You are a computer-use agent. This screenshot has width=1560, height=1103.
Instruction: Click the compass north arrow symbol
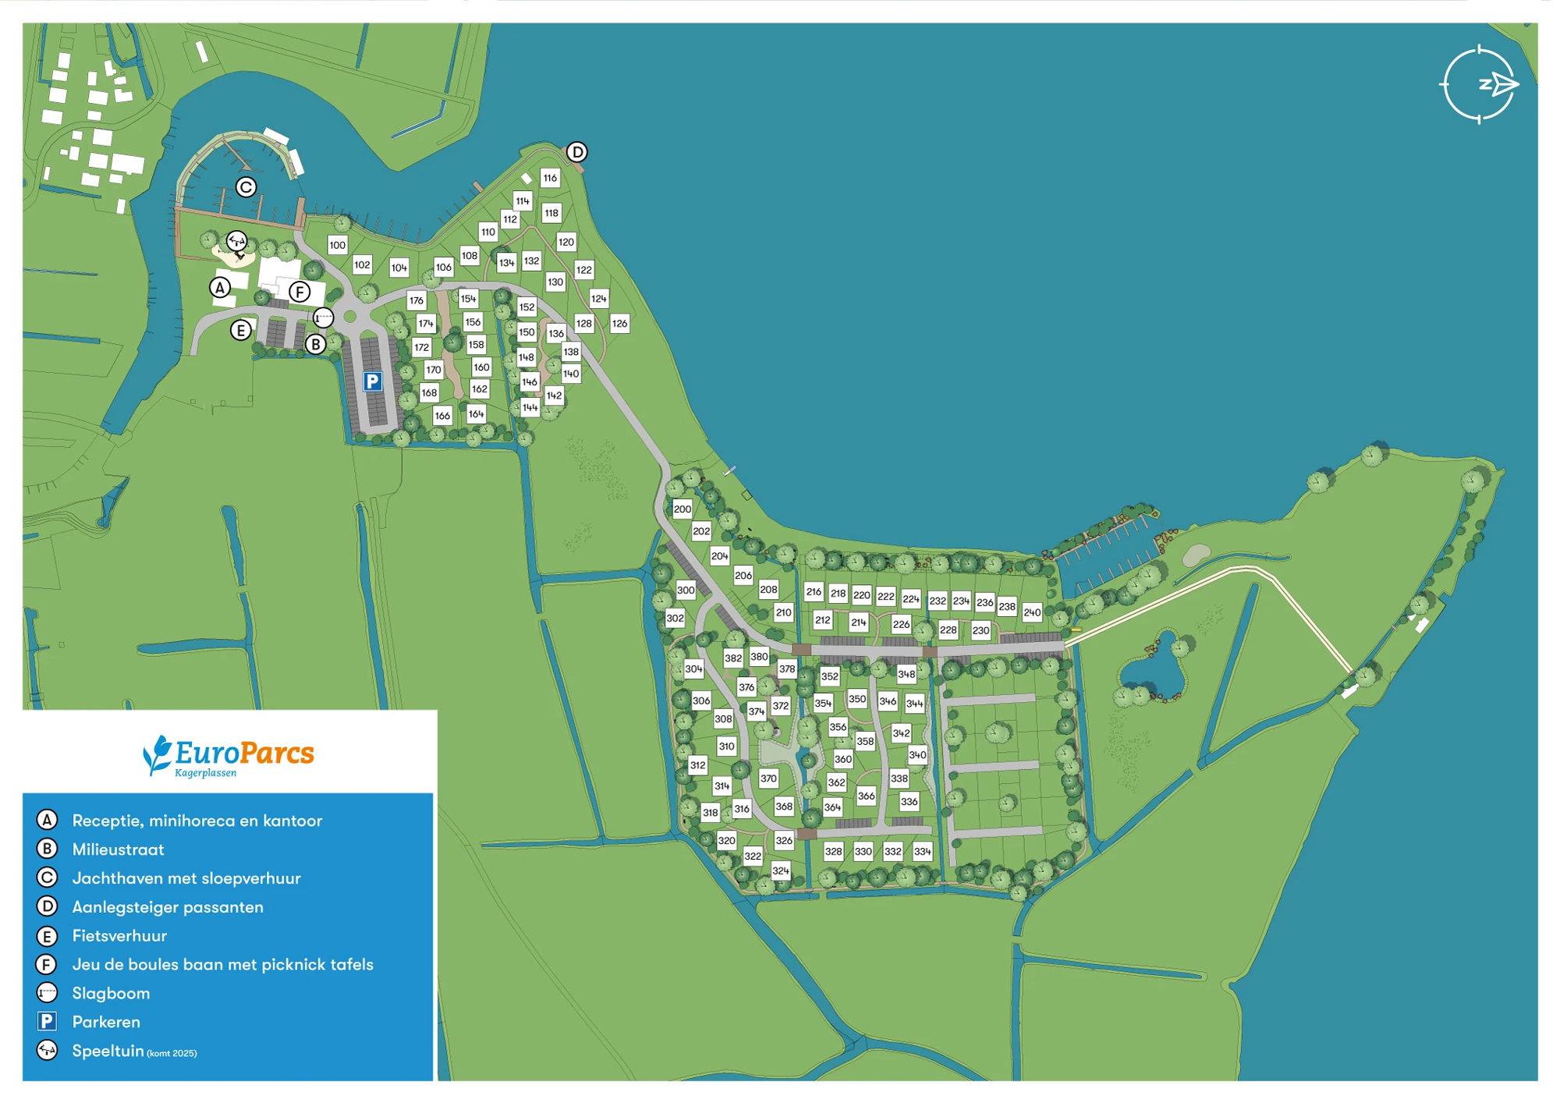[x=1498, y=84]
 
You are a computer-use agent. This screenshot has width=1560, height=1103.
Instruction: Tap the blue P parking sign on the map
[x=373, y=381]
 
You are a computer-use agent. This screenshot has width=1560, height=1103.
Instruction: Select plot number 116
[x=550, y=178]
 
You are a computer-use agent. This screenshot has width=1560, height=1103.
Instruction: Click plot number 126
[x=619, y=323]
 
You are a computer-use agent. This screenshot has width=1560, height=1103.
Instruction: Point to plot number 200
[x=682, y=509]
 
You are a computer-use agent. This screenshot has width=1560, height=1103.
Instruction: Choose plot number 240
[x=1032, y=612]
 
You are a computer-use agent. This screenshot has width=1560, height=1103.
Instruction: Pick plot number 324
[x=781, y=871]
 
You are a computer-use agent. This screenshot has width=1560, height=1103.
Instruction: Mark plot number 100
[x=337, y=245]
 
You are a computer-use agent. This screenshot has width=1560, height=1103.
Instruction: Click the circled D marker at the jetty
[x=576, y=151]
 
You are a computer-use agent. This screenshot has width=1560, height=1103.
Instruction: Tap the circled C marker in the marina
[x=246, y=187]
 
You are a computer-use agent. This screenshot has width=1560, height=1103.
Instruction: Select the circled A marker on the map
[x=221, y=288]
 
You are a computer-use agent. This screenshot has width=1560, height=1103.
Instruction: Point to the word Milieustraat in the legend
[x=118, y=849]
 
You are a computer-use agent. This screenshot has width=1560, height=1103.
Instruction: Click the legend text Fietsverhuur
[x=119, y=935]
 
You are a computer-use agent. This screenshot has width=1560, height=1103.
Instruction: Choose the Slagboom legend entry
[x=111, y=993]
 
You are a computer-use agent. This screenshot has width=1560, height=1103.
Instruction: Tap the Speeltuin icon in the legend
[x=48, y=1051]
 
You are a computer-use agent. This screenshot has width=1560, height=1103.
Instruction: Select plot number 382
[x=733, y=658]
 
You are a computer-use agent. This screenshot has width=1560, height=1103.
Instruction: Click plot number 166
[x=442, y=416]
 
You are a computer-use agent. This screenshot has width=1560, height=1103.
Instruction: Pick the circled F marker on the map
[x=300, y=292]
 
